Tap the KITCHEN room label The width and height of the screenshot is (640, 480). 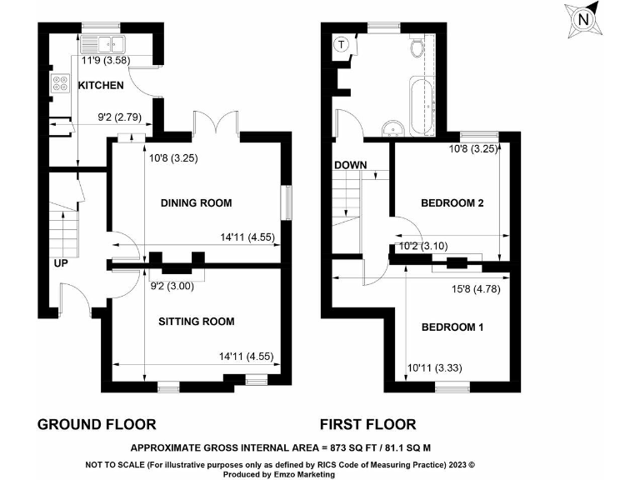101,86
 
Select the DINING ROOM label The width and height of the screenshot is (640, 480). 196,203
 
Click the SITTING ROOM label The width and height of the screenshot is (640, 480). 196,322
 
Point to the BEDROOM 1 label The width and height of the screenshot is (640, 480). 452,327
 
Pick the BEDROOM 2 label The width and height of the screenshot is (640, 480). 452,203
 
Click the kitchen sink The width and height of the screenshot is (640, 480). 102,44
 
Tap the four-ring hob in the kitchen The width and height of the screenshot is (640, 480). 61,82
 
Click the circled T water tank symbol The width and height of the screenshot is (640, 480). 341,43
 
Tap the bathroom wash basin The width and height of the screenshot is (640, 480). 393,127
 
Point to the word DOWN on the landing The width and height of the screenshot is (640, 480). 351,165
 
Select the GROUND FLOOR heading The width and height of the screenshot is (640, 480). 97,424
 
